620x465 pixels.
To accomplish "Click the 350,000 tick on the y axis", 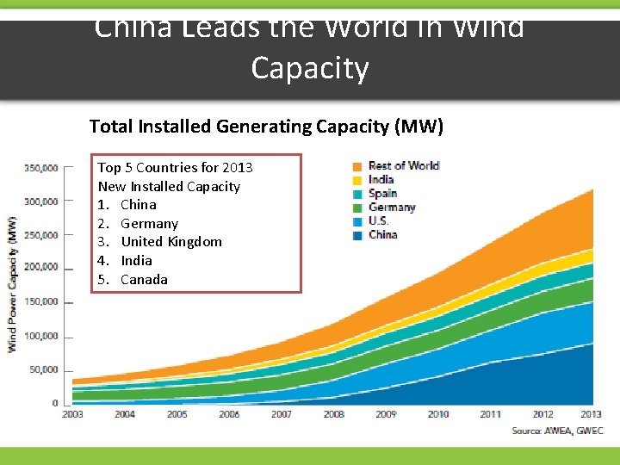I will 40,167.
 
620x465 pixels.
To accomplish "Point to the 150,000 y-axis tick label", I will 40,301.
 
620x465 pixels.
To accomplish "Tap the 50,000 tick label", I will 43,369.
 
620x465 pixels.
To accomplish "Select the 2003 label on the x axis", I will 73,414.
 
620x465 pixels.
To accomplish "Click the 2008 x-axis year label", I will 334,414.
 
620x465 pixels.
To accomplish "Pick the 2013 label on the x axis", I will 592,414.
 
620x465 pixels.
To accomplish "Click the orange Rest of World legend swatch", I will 356,165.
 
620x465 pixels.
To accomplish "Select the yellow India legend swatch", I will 356,179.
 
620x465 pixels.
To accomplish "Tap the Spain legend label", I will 382,193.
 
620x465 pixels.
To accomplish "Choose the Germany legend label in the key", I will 392,207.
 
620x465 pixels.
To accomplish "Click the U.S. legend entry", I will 379,220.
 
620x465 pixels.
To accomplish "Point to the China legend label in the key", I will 382,234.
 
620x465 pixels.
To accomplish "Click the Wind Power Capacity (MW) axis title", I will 13,283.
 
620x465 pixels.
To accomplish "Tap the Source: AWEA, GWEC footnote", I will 557,430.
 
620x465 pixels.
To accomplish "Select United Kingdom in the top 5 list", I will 170,242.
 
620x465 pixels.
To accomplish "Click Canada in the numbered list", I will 144,279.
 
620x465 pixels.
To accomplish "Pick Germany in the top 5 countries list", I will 149,223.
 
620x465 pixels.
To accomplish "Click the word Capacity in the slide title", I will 310,68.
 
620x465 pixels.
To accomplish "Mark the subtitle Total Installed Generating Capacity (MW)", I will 266,127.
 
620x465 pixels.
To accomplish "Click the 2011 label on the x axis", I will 490,414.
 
